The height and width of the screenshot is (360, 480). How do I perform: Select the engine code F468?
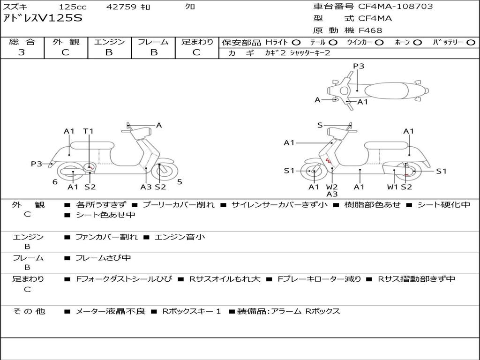(370, 30)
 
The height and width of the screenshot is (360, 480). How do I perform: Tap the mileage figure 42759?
(121, 7)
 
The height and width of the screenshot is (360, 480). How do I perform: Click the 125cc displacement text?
(73, 7)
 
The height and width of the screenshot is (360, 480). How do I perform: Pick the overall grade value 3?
(22, 52)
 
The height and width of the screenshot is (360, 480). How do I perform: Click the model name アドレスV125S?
(42, 19)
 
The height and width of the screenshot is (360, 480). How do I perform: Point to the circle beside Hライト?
(296, 42)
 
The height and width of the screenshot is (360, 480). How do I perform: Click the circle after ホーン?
(417, 42)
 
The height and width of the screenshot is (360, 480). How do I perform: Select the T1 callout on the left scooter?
(89, 131)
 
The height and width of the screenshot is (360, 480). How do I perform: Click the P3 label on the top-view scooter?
(359, 66)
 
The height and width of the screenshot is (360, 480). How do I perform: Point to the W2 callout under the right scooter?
(332, 187)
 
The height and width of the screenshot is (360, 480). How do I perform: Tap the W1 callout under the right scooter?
(393, 187)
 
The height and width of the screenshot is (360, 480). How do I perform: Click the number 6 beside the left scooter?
(55, 182)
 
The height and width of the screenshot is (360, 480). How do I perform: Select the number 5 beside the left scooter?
(180, 182)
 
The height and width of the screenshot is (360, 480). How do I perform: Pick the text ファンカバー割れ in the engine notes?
(106, 237)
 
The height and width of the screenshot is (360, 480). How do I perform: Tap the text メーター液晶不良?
(110, 311)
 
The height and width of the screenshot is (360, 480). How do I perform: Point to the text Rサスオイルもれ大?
(225, 279)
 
